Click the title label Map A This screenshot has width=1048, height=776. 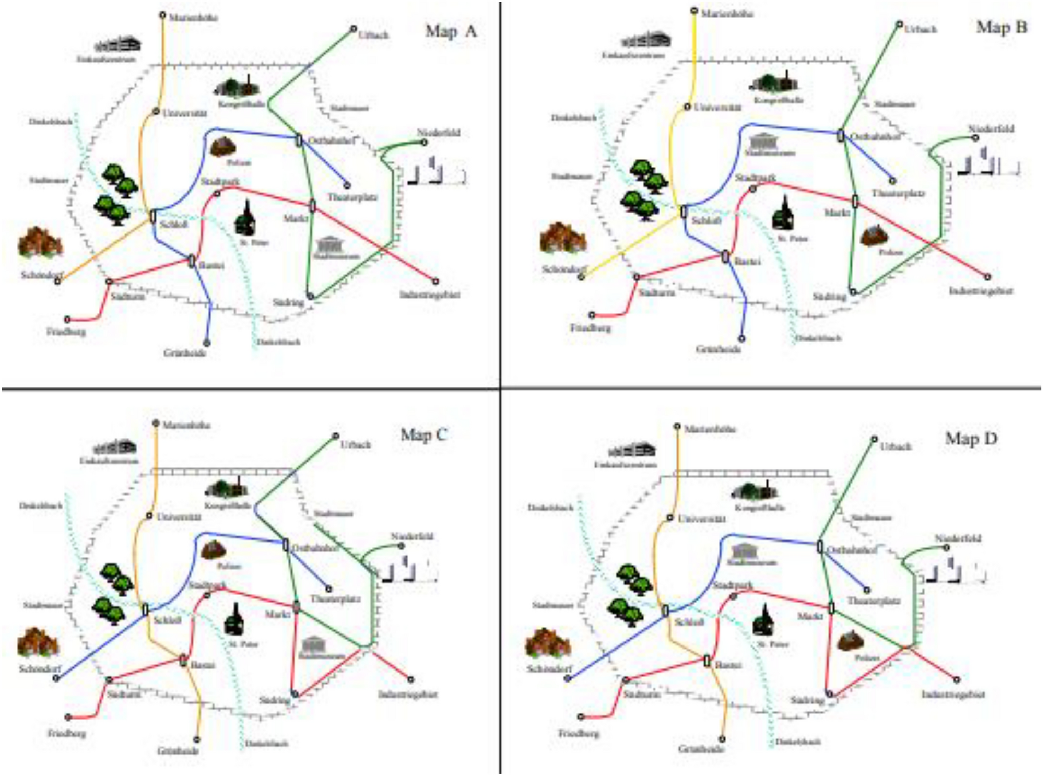(451, 31)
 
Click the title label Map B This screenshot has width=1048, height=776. (1001, 27)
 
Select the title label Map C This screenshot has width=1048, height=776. (423, 434)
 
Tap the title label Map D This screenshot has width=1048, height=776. (971, 439)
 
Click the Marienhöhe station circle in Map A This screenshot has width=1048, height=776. (163, 16)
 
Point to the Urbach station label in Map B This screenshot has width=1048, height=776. (920, 29)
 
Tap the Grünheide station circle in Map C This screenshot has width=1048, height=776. (197, 740)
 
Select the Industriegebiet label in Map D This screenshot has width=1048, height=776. (953, 695)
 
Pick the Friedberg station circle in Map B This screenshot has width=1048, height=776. (592, 315)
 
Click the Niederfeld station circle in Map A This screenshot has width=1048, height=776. (424, 142)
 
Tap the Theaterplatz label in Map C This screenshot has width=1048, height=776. (335, 599)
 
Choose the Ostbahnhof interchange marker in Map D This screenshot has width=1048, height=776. (820, 547)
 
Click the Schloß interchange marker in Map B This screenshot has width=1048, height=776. (684, 211)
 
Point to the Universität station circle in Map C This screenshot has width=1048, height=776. (149, 516)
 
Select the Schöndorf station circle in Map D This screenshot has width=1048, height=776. (568, 678)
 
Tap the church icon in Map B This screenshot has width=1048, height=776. (783, 214)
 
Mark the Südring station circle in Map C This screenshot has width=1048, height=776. (295, 695)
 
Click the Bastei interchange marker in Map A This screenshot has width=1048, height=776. (192, 261)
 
